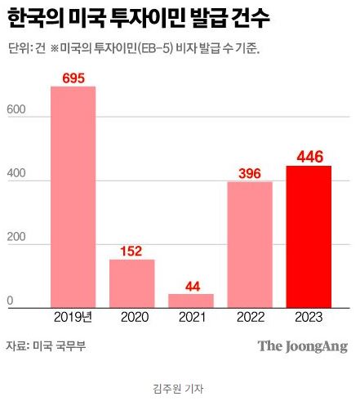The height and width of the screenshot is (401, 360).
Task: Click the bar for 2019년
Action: pos(73,196)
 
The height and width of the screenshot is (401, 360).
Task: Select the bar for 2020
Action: pos(131,283)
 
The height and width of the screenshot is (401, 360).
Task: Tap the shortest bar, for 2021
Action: pos(190,300)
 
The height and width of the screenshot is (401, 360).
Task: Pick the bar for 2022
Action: pos(249,243)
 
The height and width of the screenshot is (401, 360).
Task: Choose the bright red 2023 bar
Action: pos(308,236)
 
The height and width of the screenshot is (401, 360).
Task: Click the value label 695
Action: pos(73,78)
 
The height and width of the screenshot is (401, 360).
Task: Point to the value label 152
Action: pos(132,251)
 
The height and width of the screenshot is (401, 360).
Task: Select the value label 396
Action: pos(250,173)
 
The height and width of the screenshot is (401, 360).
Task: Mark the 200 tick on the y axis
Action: pos(16,241)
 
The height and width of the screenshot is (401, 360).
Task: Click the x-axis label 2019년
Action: pos(73,317)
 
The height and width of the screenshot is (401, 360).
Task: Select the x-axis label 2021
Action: pos(191,317)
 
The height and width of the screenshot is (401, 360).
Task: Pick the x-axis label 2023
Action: pos(309,317)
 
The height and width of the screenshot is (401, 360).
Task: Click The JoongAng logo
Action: pos(302,346)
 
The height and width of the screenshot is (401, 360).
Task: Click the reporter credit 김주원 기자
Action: pos(179,389)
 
